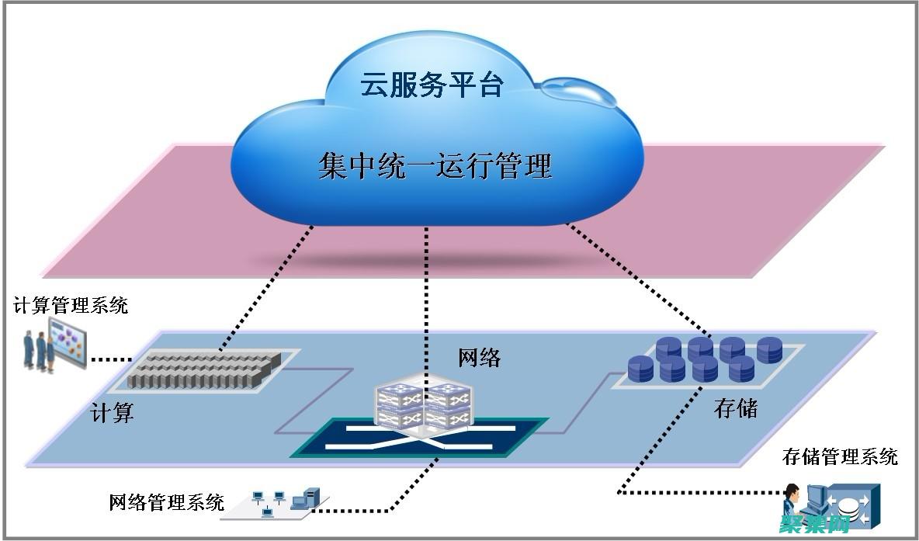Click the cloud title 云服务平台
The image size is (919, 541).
[x=432, y=85]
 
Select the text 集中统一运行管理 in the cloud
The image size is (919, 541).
[x=435, y=166]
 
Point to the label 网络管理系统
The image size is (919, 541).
[x=167, y=502]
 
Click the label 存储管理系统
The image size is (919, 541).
[x=840, y=456]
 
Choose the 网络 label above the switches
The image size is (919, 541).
[x=480, y=358]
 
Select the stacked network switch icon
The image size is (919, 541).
[x=420, y=404]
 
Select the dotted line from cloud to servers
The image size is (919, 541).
[x=264, y=287]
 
